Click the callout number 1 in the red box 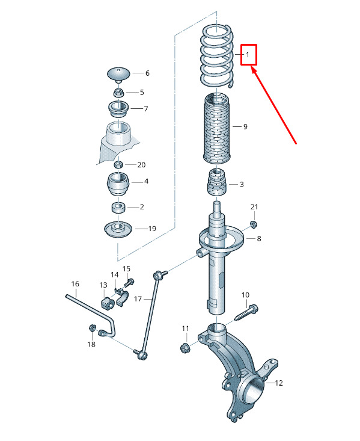click(248, 55)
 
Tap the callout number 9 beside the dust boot click(245, 127)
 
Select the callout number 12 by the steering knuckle click(279, 383)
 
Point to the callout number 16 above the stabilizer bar click(75, 284)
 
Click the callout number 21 click(254, 207)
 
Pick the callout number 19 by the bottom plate click(152, 229)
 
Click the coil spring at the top click(217, 56)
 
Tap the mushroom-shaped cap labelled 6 click(119, 74)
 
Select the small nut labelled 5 click(119, 92)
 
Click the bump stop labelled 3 click(217, 182)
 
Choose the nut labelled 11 click(185, 347)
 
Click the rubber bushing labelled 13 click(106, 303)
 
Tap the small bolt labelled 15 click(129, 283)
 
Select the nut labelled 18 click(92, 327)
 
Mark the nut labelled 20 click(118, 164)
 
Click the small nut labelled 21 click(254, 224)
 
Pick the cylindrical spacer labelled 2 click(118, 208)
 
